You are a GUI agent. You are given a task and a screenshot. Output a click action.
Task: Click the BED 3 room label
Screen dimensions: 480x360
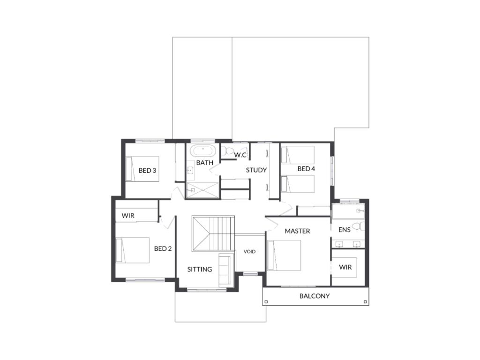pyautogui.click(x=147, y=171)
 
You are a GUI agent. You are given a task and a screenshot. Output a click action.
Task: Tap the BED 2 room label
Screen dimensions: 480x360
pyautogui.click(x=163, y=248)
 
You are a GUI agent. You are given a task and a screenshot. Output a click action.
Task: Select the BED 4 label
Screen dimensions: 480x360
pyautogui.click(x=306, y=169)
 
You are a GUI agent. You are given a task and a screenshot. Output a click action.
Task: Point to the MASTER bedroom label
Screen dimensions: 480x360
pyautogui.click(x=297, y=231)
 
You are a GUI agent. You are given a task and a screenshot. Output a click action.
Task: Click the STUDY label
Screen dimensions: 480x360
pyautogui.click(x=256, y=170)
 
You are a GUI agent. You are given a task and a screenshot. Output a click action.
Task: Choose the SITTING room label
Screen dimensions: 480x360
pyautogui.click(x=200, y=270)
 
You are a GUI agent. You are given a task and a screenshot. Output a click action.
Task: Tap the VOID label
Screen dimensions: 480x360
pyautogui.click(x=249, y=252)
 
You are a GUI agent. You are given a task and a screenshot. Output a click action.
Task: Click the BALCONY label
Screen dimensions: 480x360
pyautogui.click(x=315, y=296)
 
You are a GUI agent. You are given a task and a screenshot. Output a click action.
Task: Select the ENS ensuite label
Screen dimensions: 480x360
pyautogui.click(x=345, y=230)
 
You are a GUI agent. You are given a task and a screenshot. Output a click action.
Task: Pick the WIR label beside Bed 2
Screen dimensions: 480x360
pyautogui.click(x=128, y=216)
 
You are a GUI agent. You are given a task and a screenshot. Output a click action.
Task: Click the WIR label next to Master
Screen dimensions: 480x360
pyautogui.click(x=345, y=267)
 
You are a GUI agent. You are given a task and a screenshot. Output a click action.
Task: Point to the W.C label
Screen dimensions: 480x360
pyautogui.click(x=240, y=155)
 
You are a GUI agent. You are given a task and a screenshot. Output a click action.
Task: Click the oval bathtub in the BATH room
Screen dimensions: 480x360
pyautogui.click(x=202, y=151)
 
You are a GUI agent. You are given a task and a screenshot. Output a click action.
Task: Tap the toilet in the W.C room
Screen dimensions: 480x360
pyautogui.click(x=227, y=150)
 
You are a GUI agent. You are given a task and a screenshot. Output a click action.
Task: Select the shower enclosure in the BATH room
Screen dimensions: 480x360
pyautogui.click(x=202, y=190)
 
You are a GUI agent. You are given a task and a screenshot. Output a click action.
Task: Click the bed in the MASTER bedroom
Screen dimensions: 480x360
pyautogui.click(x=284, y=255)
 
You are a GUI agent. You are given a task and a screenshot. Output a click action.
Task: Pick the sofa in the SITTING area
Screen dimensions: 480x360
pyautogui.click(x=226, y=270)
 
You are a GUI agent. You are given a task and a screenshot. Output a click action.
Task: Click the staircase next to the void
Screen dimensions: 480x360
pyautogui.click(x=213, y=233)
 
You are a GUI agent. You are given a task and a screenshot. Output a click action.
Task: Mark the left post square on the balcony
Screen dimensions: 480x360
pyautogui.click(x=266, y=302)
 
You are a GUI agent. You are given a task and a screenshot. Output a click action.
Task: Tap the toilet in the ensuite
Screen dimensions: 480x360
pyautogui.click(x=359, y=226)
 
